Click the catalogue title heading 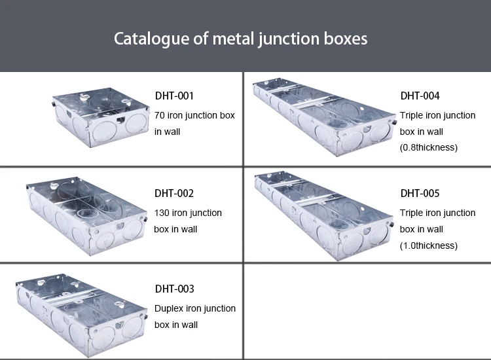coord(240,38)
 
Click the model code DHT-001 coord(174,96)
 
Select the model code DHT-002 coord(174,193)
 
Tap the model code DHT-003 coord(174,289)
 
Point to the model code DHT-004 coord(420,96)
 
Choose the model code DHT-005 coord(420,193)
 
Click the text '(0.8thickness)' coord(429,147)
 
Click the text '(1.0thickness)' coord(429,245)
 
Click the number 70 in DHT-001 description coord(160,115)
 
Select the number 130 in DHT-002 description coord(162,213)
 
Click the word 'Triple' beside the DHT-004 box coord(412,115)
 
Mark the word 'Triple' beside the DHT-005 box coord(412,213)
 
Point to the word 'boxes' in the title coord(345,38)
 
